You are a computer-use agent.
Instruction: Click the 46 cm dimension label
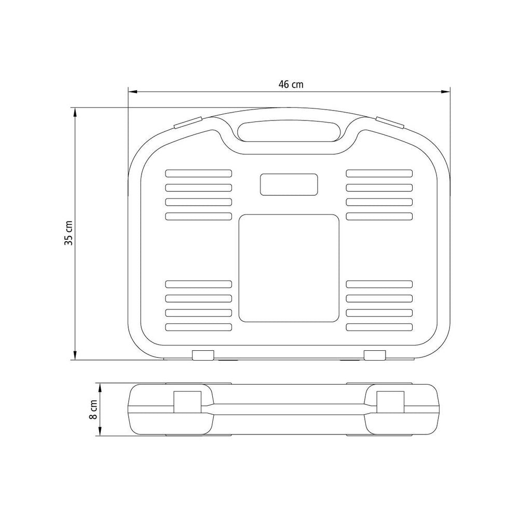291,85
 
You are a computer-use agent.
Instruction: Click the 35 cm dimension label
69,233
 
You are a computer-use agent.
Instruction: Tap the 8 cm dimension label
93,409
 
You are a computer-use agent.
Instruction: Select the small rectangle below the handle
289,184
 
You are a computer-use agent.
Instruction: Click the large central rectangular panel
289,268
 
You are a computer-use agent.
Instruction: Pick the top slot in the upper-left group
199,173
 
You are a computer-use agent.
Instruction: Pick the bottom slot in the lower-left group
199,327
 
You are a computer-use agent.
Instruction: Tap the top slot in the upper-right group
379,173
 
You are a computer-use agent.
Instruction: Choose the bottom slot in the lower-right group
379,327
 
